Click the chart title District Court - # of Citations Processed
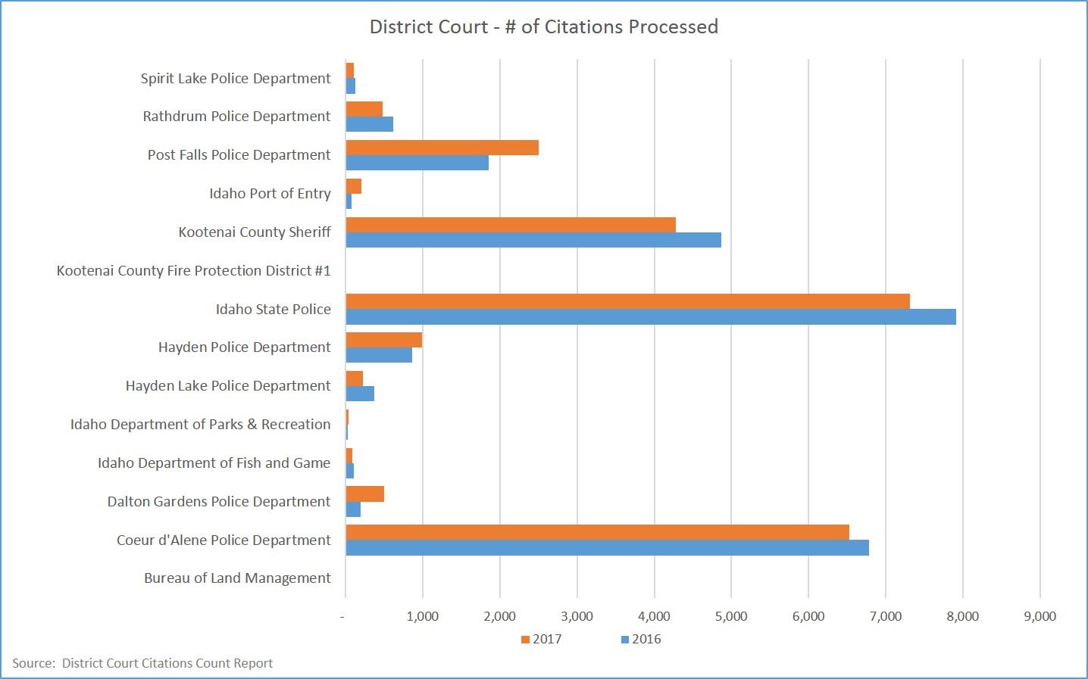543,27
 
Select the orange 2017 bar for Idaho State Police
627,301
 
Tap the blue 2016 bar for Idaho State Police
651,316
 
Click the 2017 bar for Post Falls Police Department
442,147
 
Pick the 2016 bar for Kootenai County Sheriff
533,240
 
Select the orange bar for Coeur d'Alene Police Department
597,532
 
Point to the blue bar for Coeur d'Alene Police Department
607,547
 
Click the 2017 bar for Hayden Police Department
383,339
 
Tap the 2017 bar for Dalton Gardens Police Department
364,494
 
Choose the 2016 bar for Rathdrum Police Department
369,124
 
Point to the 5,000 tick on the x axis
731,616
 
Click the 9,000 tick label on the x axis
1040,616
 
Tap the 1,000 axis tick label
422,616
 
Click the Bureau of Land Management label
237,578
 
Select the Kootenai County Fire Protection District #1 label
193,270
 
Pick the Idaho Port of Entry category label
270,193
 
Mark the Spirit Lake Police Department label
235,78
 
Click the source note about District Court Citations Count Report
142,663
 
